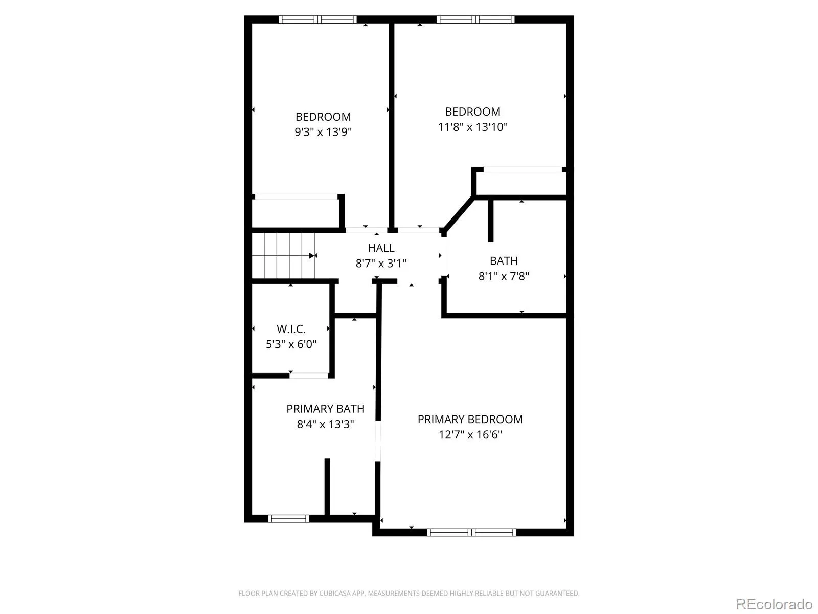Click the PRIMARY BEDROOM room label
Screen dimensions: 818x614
470,420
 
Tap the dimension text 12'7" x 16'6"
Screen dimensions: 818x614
470,435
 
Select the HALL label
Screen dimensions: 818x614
381,248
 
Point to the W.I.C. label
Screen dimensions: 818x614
291,329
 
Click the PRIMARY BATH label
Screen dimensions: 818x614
325,409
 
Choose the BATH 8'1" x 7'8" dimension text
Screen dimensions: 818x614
504,276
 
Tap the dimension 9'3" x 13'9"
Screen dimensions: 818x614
323,132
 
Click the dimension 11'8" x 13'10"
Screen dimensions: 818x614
472,127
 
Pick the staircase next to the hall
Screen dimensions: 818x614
283,256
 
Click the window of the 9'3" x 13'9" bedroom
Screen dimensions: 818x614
317,19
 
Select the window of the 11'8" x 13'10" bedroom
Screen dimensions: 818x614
475,19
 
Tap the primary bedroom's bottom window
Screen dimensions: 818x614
471,532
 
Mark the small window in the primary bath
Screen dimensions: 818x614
288,518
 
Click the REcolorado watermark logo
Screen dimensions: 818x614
775,604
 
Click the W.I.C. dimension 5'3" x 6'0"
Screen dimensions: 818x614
291,344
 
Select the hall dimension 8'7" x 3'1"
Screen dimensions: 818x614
381,264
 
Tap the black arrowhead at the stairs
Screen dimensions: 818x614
311,256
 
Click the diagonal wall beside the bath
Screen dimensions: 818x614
459,214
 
